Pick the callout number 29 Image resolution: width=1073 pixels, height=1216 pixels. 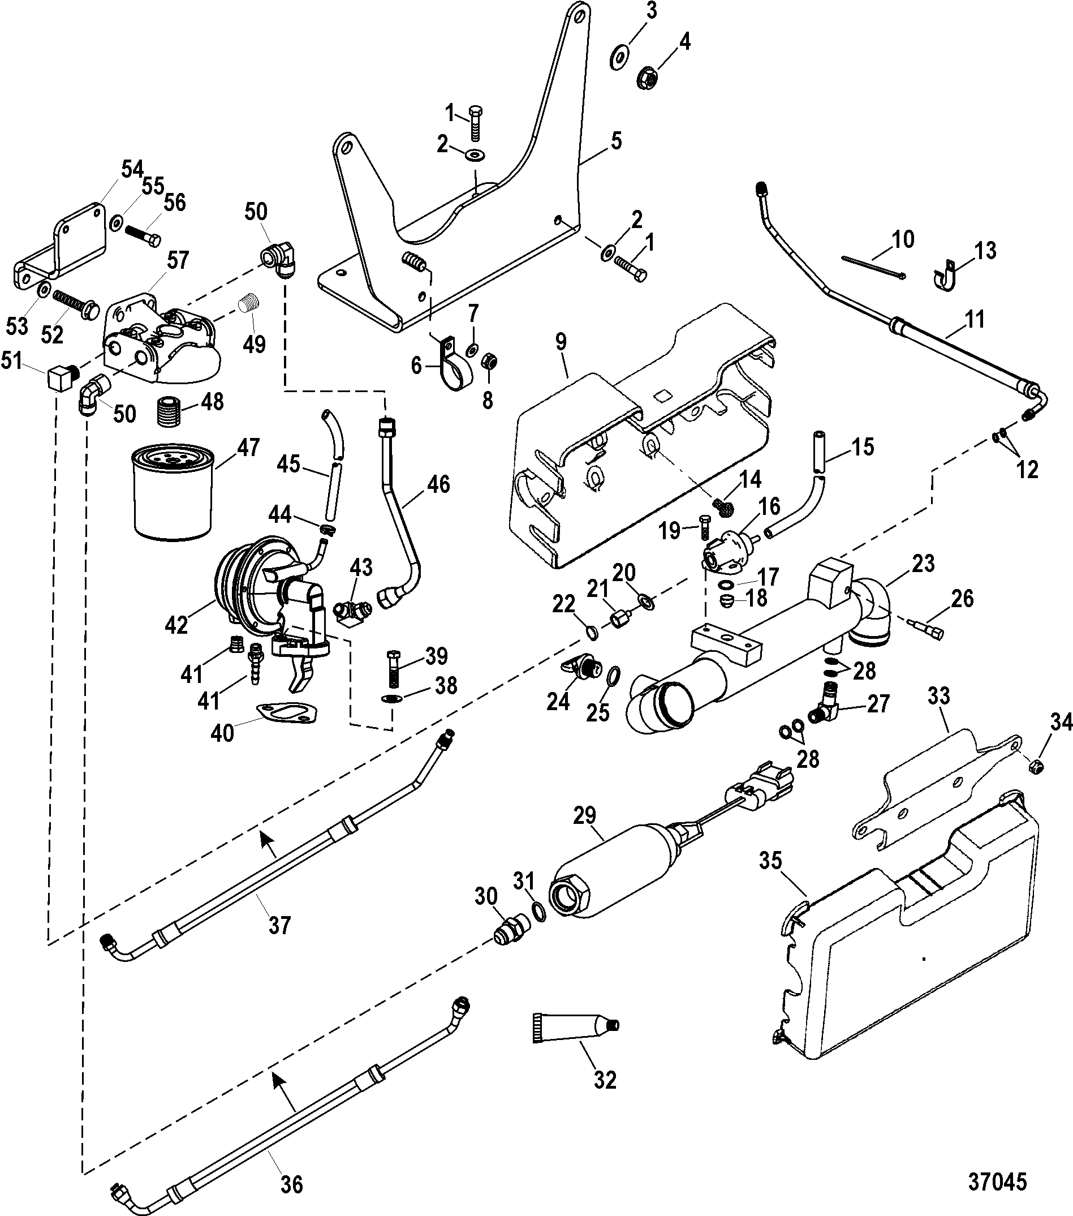pyautogui.click(x=584, y=814)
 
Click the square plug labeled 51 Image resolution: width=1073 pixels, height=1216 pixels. pyautogui.click(x=58, y=377)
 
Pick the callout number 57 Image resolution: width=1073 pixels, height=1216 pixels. pyautogui.click(x=178, y=260)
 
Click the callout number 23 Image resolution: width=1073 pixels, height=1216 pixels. pyautogui.click(x=923, y=563)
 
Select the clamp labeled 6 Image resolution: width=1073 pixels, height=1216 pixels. pyautogui.click(x=453, y=363)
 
